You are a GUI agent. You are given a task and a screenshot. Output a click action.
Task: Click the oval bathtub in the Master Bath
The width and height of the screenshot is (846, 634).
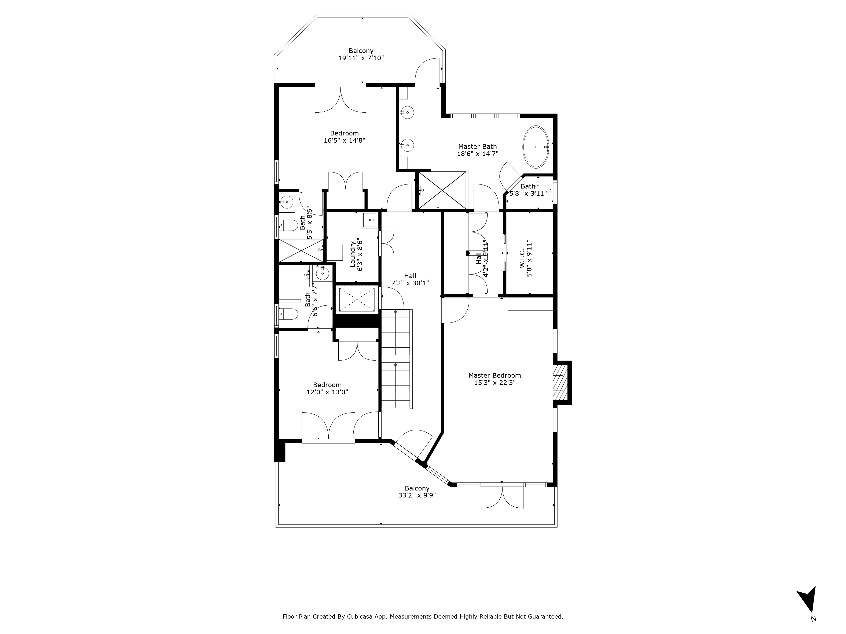536,147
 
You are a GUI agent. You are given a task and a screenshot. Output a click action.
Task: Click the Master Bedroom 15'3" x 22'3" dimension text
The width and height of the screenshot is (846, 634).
494,383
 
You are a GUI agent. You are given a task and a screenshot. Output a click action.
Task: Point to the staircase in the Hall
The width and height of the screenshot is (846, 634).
397,359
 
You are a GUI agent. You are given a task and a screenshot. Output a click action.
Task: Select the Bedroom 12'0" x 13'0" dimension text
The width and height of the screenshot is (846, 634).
327,392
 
